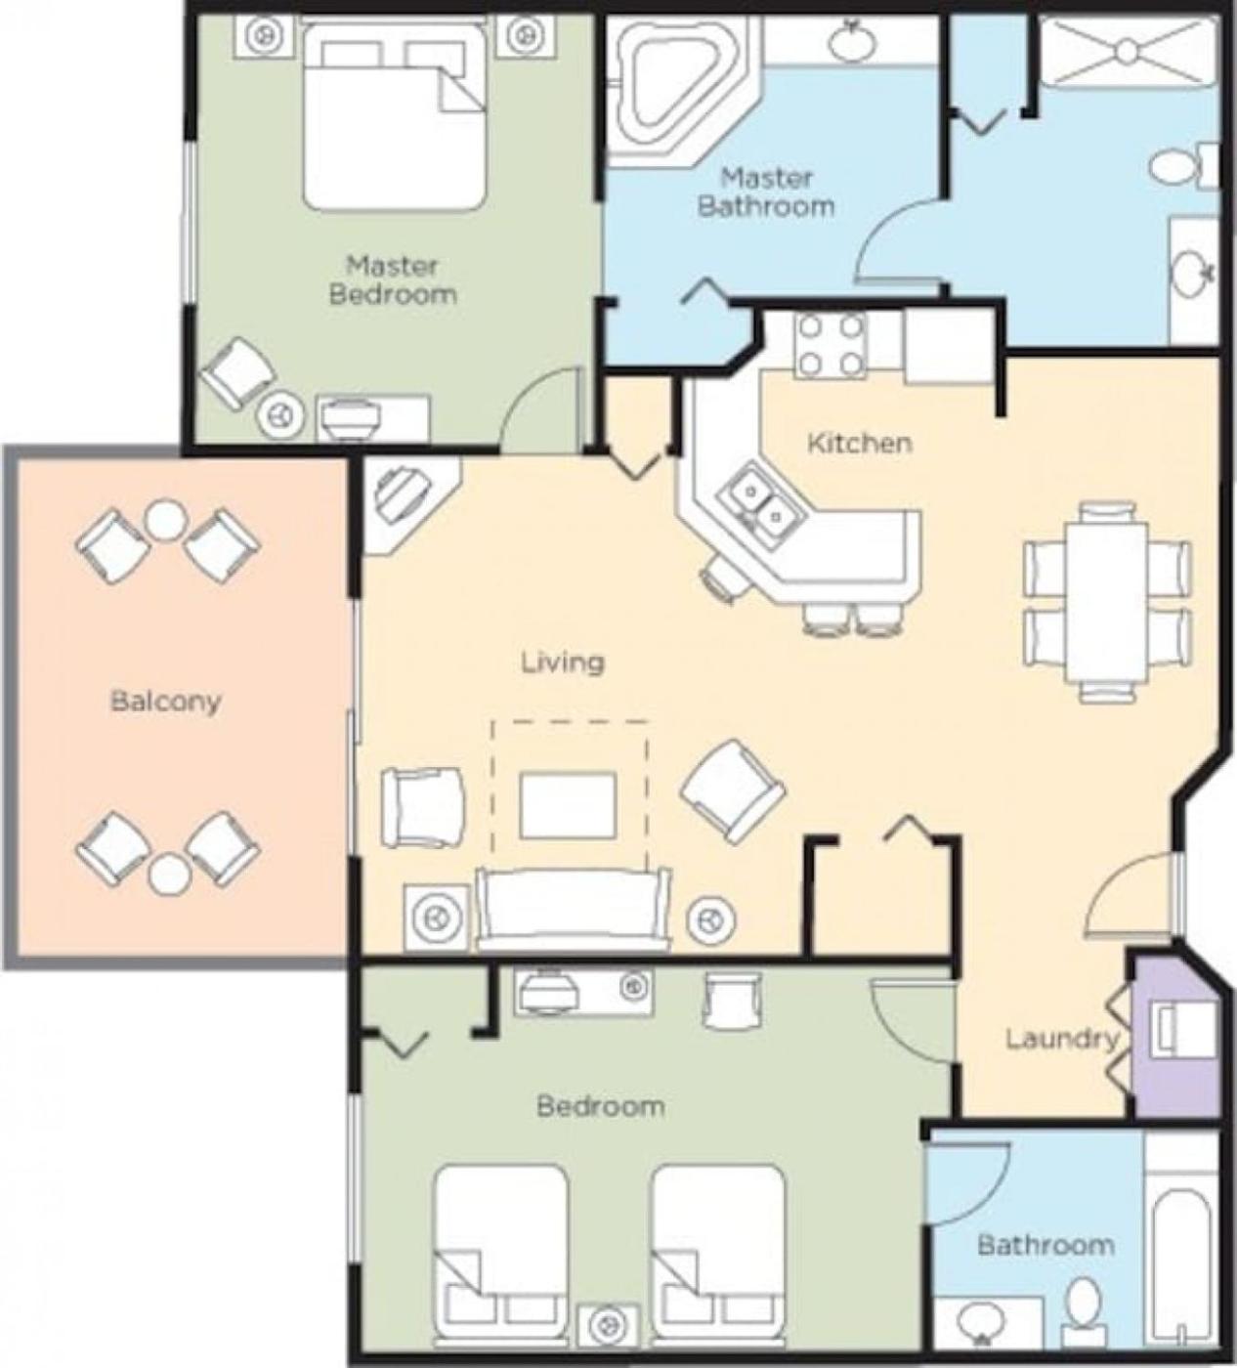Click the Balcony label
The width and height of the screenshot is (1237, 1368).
click(x=166, y=703)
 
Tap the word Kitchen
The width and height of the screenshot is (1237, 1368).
click(x=859, y=444)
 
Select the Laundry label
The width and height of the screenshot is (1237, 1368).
click(x=1063, y=1039)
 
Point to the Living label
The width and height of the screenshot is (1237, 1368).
click(x=563, y=663)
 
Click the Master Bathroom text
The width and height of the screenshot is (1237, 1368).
click(x=766, y=192)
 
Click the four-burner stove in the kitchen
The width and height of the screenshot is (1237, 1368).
click(x=830, y=347)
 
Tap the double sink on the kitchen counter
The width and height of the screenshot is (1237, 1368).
click(x=762, y=502)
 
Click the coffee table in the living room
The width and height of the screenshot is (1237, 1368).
click(x=569, y=805)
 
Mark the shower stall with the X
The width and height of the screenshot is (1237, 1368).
click(x=1127, y=52)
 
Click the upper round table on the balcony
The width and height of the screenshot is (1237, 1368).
click(x=166, y=521)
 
